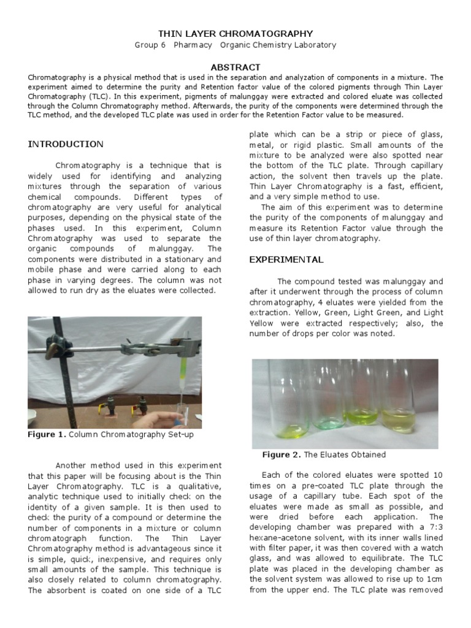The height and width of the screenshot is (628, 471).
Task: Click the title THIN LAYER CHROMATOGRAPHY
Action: tap(235, 34)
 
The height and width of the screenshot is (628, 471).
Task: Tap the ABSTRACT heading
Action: tap(235, 67)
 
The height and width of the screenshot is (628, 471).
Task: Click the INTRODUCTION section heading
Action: tap(66, 144)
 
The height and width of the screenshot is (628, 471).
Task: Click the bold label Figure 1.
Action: tap(46, 435)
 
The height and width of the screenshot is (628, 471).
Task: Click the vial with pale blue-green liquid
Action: tap(324, 405)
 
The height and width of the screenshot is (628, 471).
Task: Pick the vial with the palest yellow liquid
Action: tap(400, 405)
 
